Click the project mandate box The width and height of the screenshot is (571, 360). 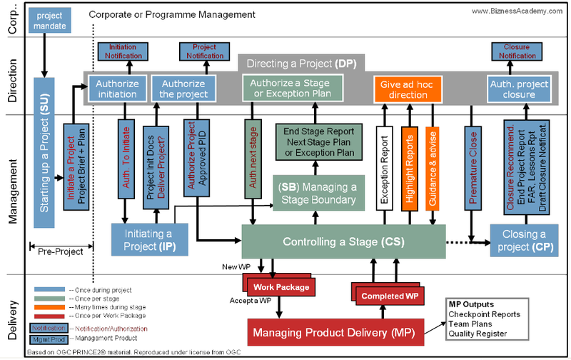[49, 21]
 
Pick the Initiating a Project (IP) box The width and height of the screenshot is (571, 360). [150, 239]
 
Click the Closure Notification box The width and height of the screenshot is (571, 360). [516, 51]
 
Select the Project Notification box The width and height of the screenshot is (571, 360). [204, 51]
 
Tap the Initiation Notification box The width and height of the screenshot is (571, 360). [123, 51]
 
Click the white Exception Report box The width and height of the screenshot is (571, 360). [385, 168]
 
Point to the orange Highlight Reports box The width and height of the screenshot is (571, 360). [409, 168]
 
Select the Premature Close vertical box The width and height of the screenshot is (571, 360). [473, 168]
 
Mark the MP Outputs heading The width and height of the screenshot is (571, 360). [472, 305]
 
